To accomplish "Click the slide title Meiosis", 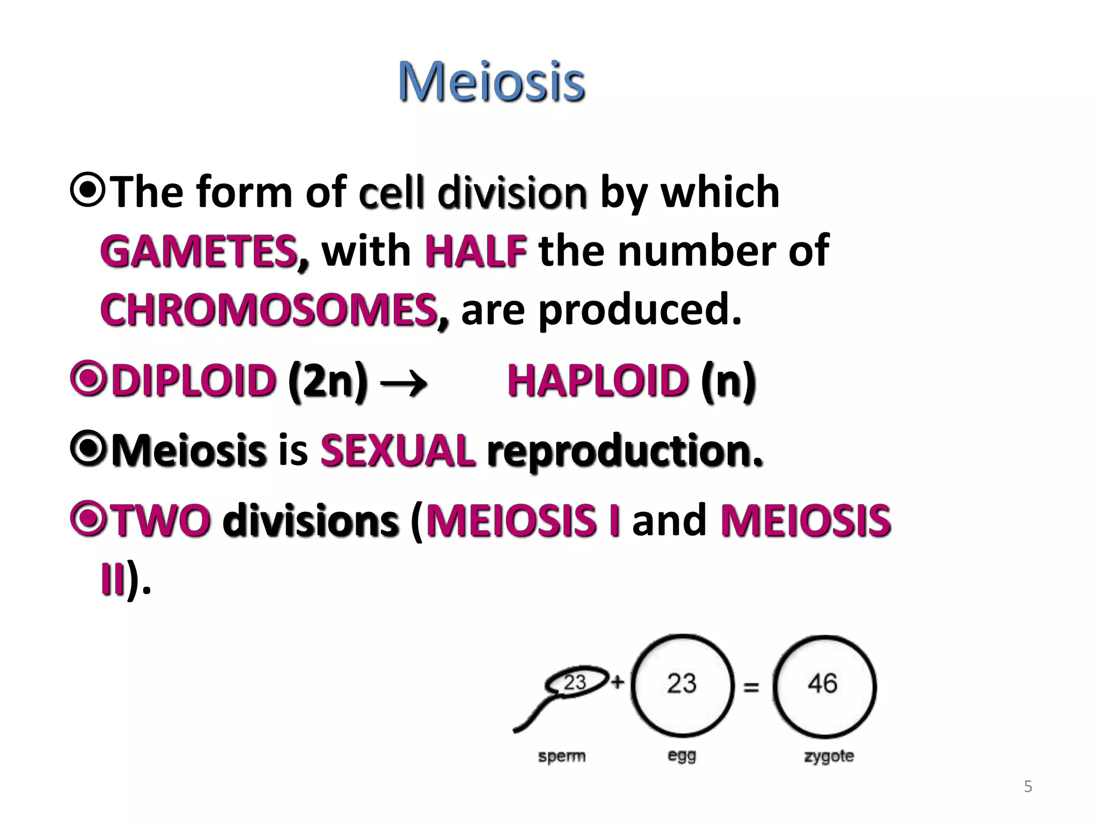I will pyautogui.click(x=491, y=82).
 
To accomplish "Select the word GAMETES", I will pyautogui.click(x=199, y=252).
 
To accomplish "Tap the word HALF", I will pyautogui.click(x=475, y=252).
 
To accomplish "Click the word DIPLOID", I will pyautogui.click(x=193, y=380).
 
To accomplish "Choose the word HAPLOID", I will pyautogui.click(x=598, y=380).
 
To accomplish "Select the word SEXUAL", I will pyautogui.click(x=398, y=451).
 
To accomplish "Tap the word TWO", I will pyautogui.click(x=161, y=520).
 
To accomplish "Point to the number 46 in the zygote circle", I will pyautogui.click(x=823, y=684).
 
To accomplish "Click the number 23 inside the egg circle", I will pyautogui.click(x=682, y=684).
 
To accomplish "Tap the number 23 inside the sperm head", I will pyautogui.click(x=575, y=683).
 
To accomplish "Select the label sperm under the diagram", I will pyautogui.click(x=561, y=756).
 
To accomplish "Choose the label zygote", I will pyautogui.click(x=829, y=756).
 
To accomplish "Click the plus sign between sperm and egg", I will pyautogui.click(x=618, y=682).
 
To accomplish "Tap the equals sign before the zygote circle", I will pyautogui.click(x=751, y=687).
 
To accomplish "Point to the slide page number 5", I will pyautogui.click(x=1028, y=786).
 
